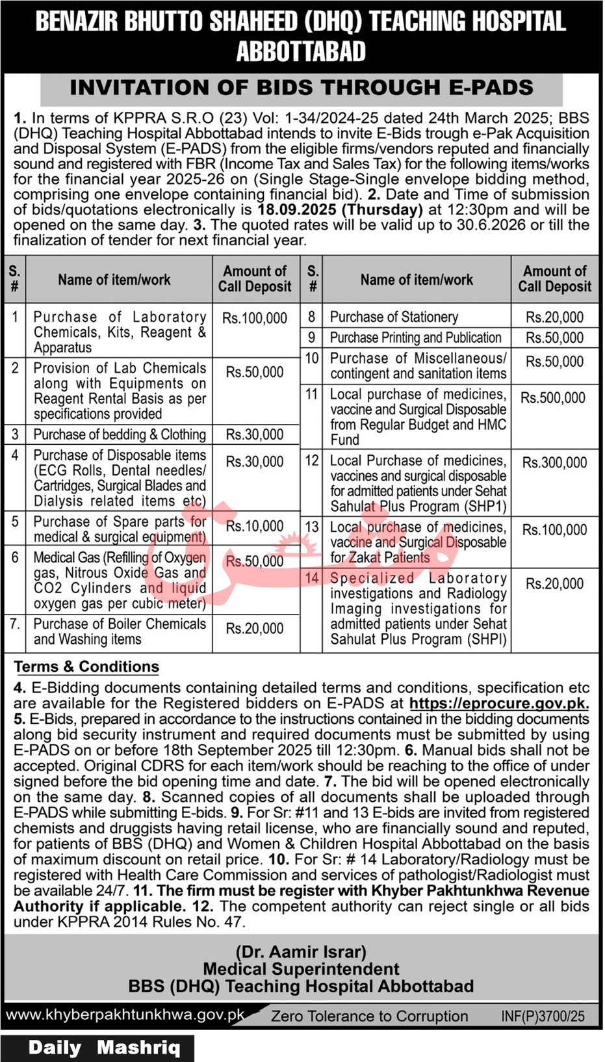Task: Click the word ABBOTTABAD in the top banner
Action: pyautogui.click(x=301, y=52)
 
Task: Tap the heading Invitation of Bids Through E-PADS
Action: pyautogui.click(x=302, y=88)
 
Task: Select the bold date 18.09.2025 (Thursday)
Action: pyautogui.click(x=340, y=210)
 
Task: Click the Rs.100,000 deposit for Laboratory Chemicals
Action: pyautogui.click(x=255, y=318)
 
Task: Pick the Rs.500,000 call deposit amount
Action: pyautogui.click(x=554, y=398)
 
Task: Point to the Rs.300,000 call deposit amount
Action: pyautogui.click(x=554, y=463)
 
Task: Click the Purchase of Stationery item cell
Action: pyautogui.click(x=394, y=317)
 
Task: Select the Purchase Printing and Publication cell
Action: pyautogui.click(x=416, y=338)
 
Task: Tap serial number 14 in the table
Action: pyautogui.click(x=312, y=578)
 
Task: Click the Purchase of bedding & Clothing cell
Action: pyautogui.click(x=120, y=434)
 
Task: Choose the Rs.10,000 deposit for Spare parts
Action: pyautogui.click(x=255, y=526)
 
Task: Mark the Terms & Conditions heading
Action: pyautogui.click(x=86, y=667)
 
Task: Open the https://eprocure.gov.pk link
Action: pyautogui.click(x=499, y=704)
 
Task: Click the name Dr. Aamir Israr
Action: pyautogui.click(x=302, y=952)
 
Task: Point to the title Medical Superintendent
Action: pyautogui.click(x=302, y=969)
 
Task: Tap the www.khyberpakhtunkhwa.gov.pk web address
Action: pyautogui.click(x=125, y=1015)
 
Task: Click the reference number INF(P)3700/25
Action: pyautogui.click(x=543, y=1016)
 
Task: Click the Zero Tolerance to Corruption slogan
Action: pyautogui.click(x=369, y=1016)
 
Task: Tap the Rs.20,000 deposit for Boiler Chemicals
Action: pyautogui.click(x=255, y=629)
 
